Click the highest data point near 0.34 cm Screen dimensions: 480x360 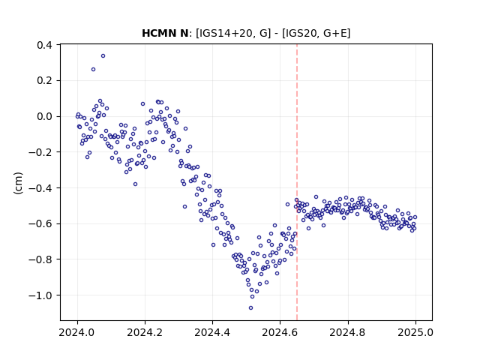[103, 56]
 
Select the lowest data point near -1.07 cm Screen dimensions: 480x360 [250, 308]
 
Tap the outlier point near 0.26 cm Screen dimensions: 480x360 [93, 70]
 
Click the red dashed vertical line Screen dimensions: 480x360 [297, 182]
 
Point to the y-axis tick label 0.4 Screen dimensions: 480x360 [44, 45]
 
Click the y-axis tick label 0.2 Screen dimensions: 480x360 [44, 81]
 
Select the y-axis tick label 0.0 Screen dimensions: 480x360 [44, 117]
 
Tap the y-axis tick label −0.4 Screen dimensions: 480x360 [40, 188]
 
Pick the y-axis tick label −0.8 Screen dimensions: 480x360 [40, 259]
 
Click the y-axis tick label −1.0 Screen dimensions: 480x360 [40, 295]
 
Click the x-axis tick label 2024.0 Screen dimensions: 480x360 [77, 332]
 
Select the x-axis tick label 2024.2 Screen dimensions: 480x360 [145, 332]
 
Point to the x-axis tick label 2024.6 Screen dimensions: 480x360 [280, 332]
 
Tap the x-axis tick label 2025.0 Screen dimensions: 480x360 [415, 332]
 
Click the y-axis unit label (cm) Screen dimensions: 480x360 [18, 183]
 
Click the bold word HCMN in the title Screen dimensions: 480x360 [157, 33]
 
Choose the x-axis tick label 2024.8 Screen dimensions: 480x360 [348, 332]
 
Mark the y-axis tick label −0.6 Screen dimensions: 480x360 [40, 223]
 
